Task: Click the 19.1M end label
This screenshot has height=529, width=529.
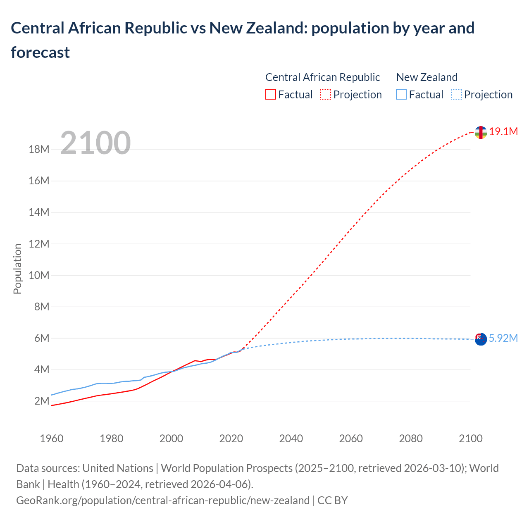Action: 503,132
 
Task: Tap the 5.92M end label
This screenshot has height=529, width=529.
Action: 503,338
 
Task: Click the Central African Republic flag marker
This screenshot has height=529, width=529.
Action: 481,132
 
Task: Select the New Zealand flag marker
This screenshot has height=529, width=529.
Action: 481,339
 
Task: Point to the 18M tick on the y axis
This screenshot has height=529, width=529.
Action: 39,149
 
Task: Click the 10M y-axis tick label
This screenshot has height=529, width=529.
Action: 39,275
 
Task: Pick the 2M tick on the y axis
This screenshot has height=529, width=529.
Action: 42,401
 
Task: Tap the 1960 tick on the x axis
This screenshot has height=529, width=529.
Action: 52,438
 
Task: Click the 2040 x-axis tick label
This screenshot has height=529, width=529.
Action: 291,438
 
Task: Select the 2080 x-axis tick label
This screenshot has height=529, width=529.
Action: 411,438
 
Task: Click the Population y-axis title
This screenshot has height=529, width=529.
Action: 17,269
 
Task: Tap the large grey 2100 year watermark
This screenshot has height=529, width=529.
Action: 95,143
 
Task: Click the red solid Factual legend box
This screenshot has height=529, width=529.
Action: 271,95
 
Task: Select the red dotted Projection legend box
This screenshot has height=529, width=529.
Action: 326,95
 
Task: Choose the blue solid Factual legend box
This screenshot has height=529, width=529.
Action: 401,95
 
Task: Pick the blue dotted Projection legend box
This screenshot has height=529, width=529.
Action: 457,95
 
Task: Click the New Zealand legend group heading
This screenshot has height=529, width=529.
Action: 427,77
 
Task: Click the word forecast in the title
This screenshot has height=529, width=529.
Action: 41,52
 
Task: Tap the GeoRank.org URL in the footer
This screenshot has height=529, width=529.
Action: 163,500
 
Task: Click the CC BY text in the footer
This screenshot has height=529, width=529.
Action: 333,500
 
